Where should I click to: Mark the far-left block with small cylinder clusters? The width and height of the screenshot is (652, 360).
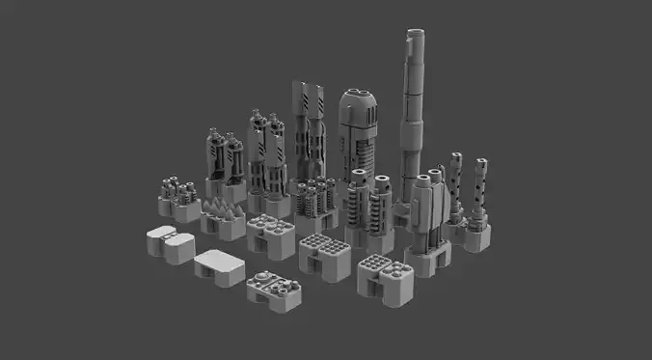point(177,195)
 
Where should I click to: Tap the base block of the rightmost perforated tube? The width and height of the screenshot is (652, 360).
point(477,235)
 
